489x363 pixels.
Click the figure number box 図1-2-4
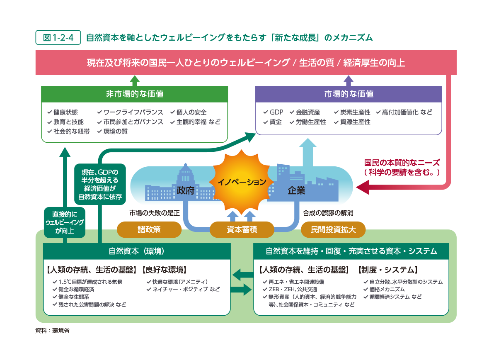(x=58, y=37)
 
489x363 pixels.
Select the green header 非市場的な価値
(x=135, y=94)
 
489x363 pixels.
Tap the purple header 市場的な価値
(x=349, y=94)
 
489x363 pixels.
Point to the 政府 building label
(x=185, y=190)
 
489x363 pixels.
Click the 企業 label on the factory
(x=296, y=191)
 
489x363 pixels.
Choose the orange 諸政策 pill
(x=149, y=229)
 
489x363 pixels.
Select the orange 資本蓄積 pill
(x=242, y=229)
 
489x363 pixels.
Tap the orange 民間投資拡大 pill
(x=333, y=229)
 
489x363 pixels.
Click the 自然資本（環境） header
(x=136, y=251)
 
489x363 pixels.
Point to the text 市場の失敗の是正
(x=154, y=213)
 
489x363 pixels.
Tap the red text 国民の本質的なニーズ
(x=402, y=163)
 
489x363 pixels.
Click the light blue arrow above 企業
(x=308, y=153)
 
